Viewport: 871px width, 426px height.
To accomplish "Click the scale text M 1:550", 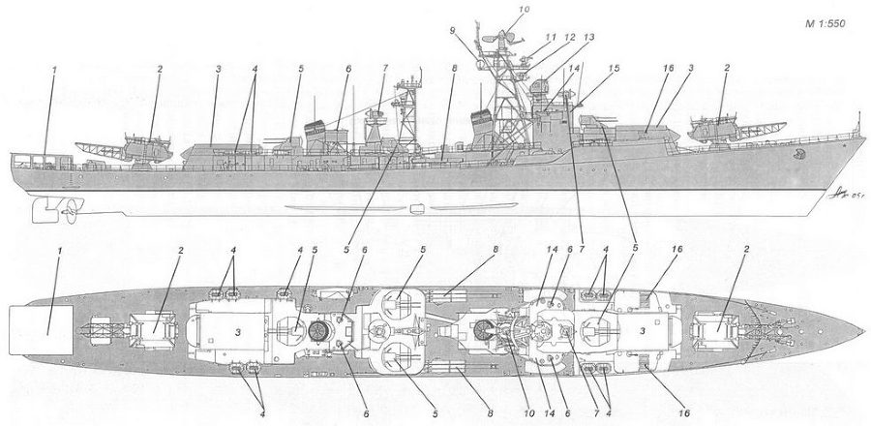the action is [x=825, y=23].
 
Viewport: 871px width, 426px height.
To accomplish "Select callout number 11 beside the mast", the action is [x=551, y=38].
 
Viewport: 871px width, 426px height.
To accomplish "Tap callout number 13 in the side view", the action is [x=588, y=37].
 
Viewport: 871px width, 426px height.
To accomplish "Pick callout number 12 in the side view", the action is [x=569, y=38].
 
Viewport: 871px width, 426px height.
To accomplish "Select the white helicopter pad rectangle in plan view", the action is [x=41, y=330].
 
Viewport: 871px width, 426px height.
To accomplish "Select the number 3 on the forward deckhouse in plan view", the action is [x=643, y=331].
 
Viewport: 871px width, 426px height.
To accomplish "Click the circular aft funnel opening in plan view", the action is [x=318, y=331].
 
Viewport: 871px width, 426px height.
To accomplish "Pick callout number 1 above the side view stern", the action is [x=55, y=70].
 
